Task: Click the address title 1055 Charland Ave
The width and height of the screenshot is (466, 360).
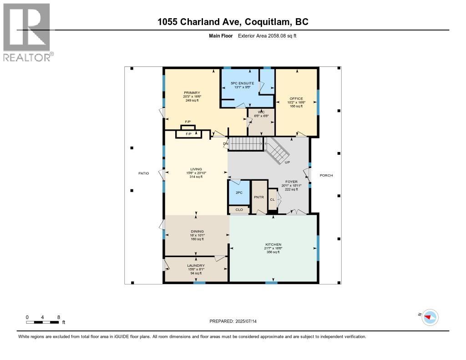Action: click(233, 21)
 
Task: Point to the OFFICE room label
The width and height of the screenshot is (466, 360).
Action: click(296, 99)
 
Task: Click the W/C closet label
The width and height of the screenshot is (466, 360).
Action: click(261, 112)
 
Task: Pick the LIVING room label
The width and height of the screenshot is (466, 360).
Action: click(196, 169)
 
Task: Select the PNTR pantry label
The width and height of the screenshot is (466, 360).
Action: click(259, 198)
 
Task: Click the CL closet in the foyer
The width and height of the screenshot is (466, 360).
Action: click(272, 199)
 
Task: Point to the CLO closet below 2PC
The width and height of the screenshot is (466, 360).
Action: click(239, 210)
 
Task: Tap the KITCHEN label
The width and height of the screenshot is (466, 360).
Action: click(274, 244)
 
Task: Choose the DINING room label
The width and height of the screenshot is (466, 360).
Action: click(197, 231)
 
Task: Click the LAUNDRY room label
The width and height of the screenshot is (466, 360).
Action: click(196, 265)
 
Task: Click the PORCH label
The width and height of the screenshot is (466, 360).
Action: click(326, 175)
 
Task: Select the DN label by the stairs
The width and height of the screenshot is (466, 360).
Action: click(225, 144)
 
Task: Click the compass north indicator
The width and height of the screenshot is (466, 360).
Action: click(429, 317)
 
